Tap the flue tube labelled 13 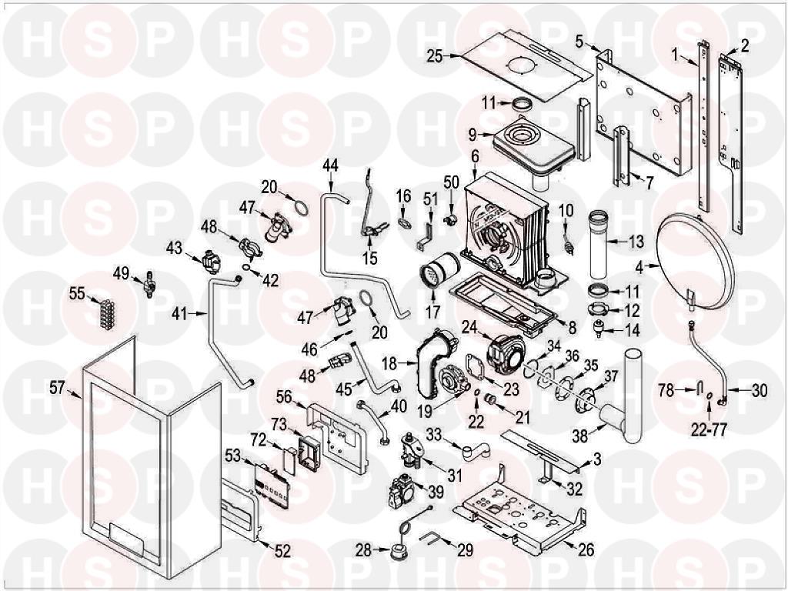point(599,244)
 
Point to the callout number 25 point(436,56)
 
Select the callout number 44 point(331,165)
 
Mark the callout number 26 point(586,549)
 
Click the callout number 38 point(580,436)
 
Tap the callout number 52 point(282,551)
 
